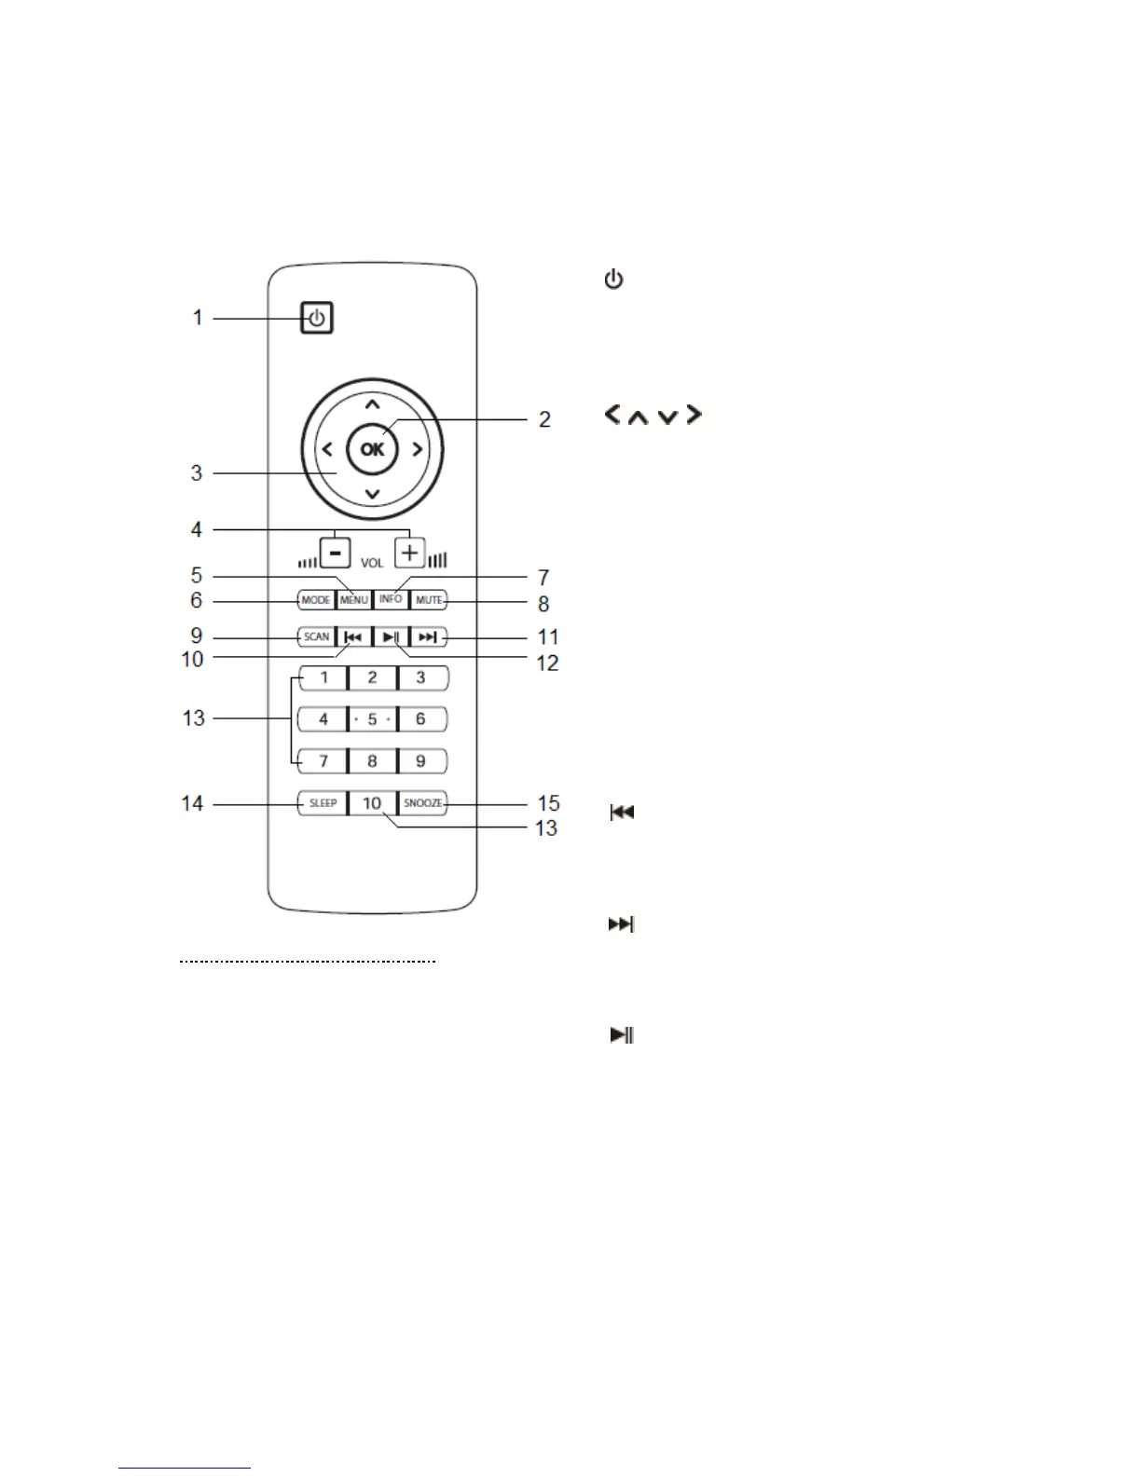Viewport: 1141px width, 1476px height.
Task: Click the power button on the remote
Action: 317,319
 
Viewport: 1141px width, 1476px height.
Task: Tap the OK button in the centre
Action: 372,449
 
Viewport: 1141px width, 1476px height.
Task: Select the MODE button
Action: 315,600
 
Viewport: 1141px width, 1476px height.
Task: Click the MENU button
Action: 353,600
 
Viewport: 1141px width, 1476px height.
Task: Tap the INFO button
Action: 391,599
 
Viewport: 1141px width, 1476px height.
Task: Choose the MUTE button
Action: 428,600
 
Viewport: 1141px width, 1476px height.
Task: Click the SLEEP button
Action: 323,803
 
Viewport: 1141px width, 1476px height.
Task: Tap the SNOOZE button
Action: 422,803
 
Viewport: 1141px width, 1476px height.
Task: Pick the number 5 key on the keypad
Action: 372,718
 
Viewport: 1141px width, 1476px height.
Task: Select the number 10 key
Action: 372,803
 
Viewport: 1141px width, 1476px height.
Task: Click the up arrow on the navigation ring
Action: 372,404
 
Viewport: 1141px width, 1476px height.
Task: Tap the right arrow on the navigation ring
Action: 417,449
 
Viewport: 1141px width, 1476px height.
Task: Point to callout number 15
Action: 548,803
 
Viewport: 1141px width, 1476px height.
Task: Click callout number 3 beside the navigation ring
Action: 197,473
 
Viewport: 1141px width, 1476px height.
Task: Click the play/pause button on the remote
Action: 391,637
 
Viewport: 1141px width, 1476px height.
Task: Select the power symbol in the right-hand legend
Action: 613,279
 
